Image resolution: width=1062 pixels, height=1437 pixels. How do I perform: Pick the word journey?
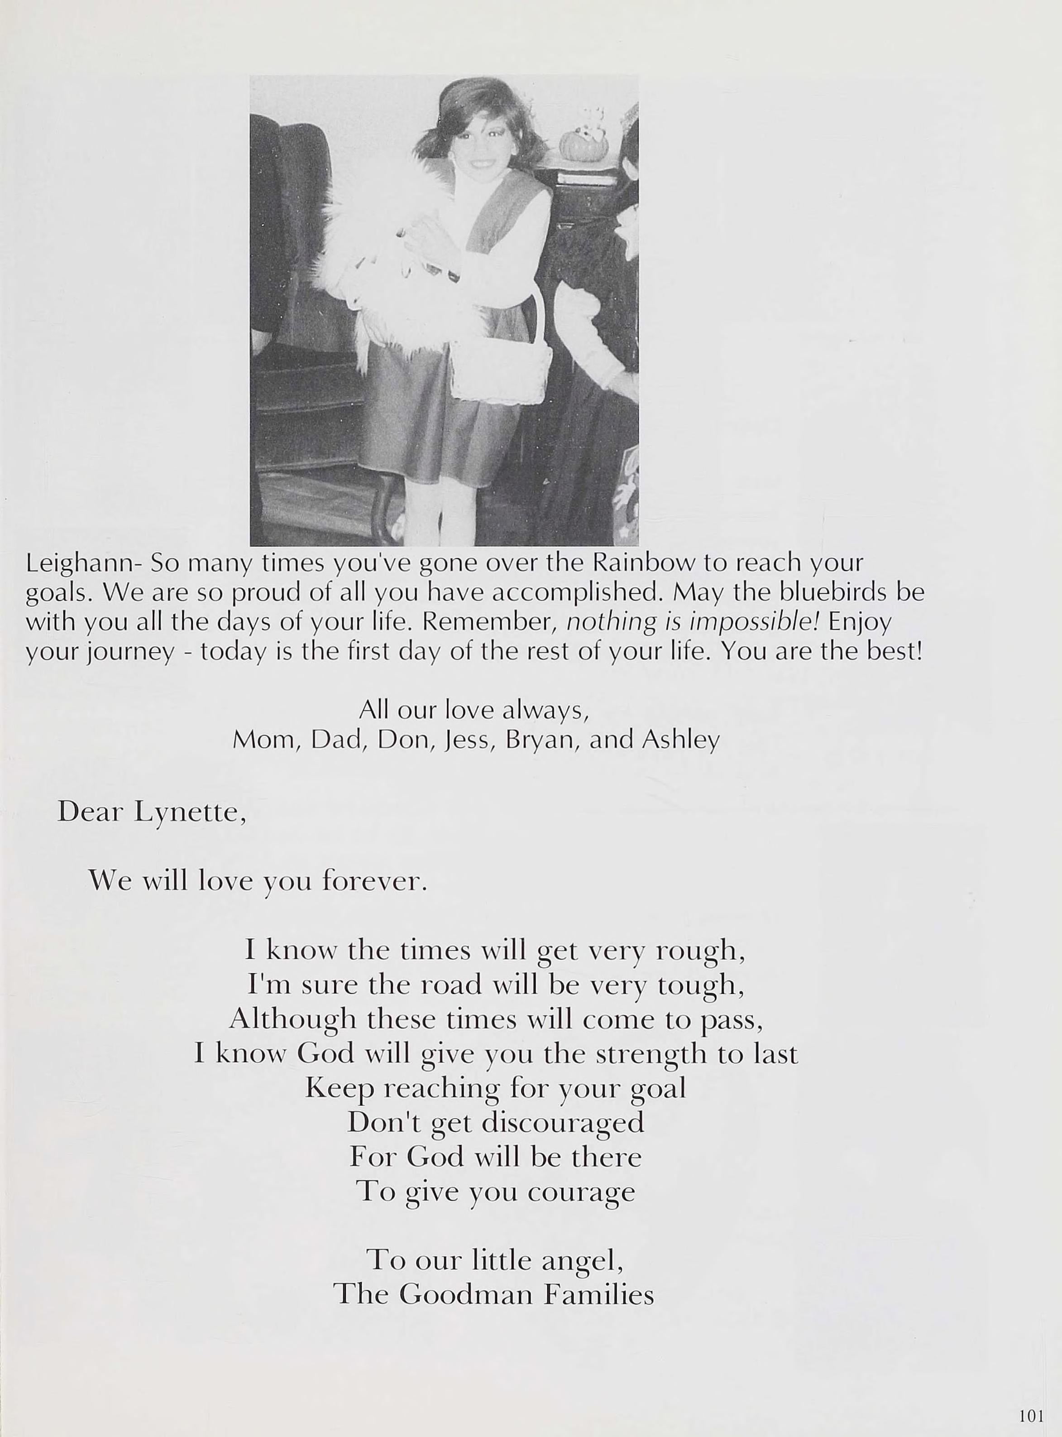click(x=130, y=653)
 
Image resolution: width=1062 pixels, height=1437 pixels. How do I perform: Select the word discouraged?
click(x=563, y=1123)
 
